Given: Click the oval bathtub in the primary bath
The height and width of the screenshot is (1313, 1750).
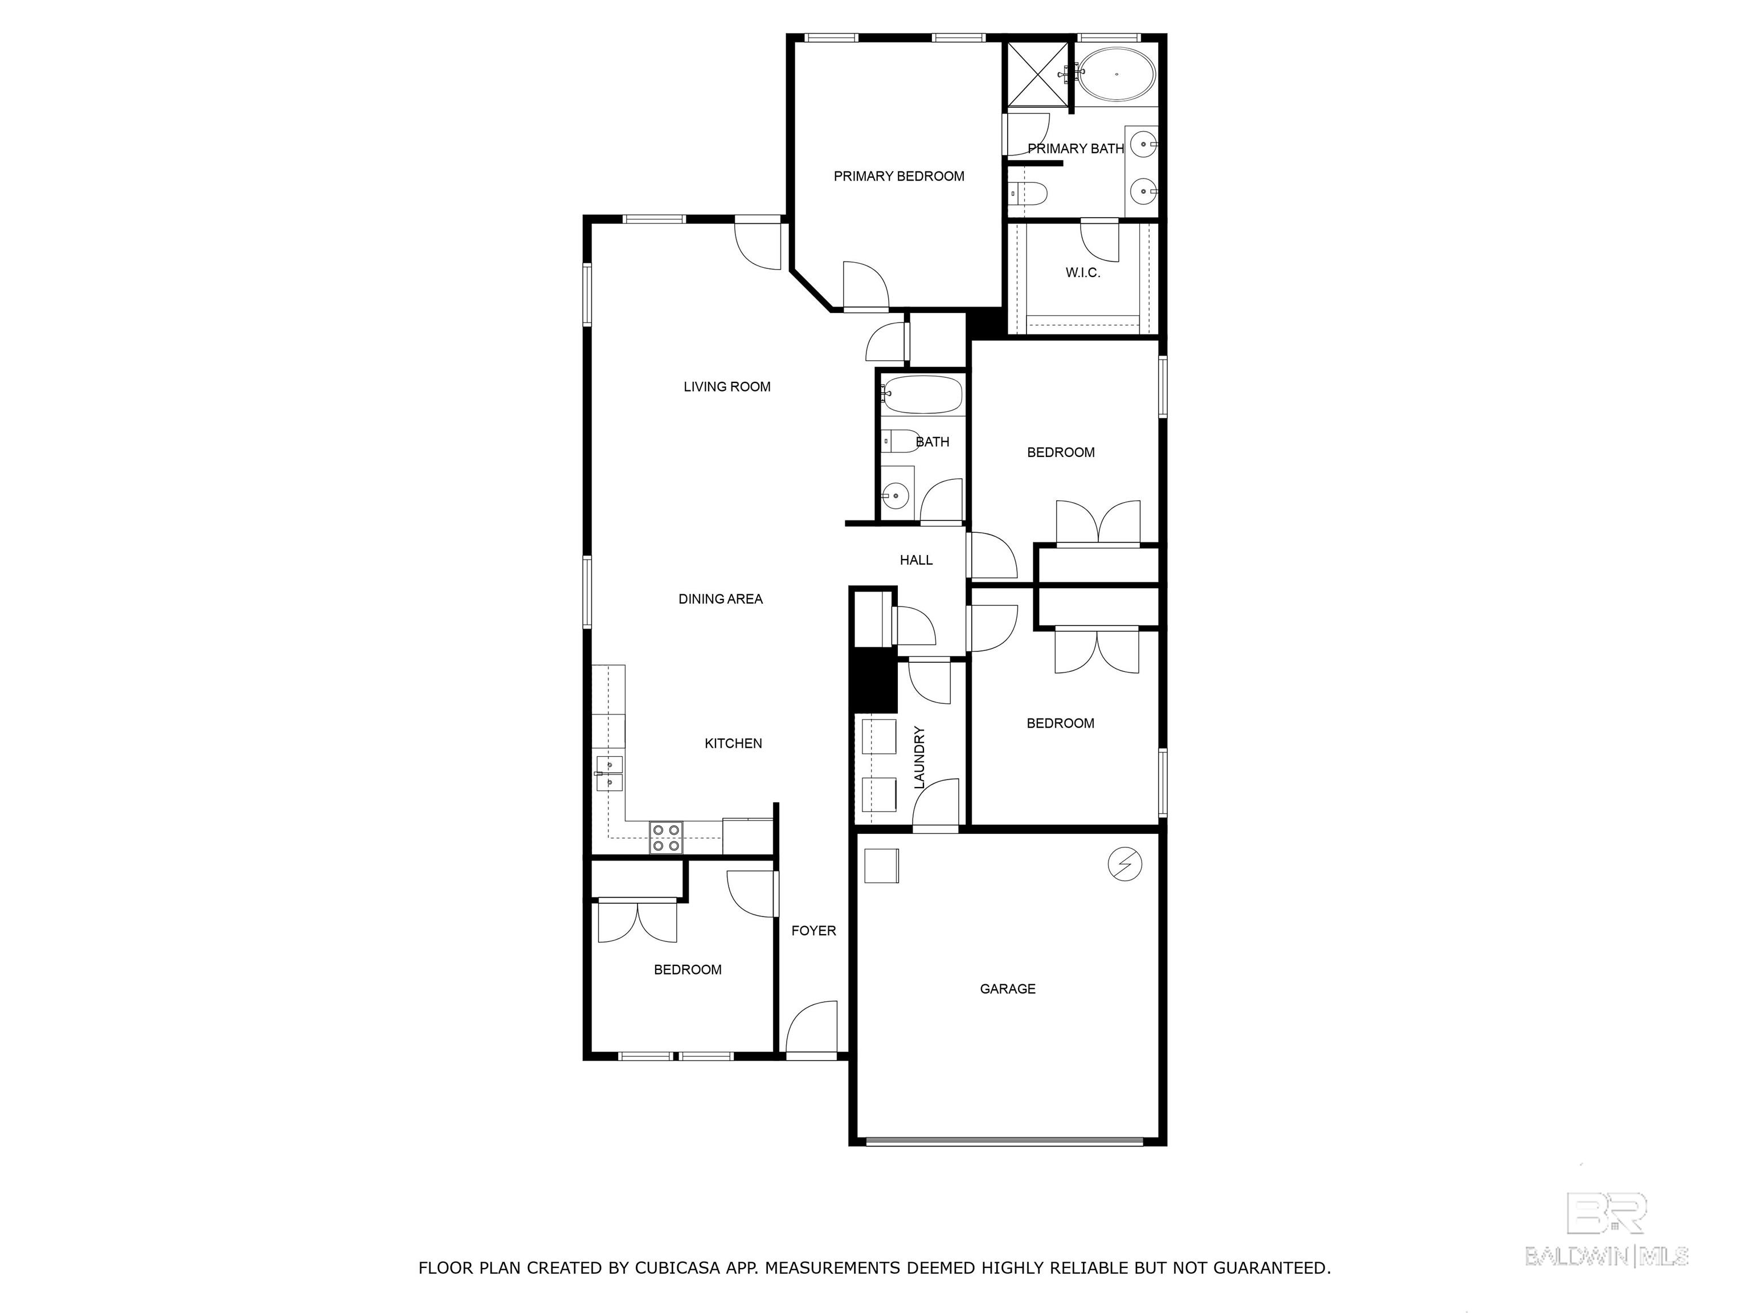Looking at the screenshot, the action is click(x=1117, y=74).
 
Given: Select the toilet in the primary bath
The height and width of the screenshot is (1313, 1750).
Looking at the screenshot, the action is click(x=1028, y=192).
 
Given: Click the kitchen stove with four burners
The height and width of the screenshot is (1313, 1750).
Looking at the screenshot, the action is click(x=666, y=837).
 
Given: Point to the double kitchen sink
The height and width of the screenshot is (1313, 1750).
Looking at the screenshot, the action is click(x=609, y=773).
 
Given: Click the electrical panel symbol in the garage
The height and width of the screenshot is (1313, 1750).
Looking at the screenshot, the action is click(x=1124, y=865).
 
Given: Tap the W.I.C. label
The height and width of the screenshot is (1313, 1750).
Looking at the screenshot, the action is click(x=1082, y=273).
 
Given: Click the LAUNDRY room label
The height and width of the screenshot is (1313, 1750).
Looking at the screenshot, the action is click(x=919, y=757).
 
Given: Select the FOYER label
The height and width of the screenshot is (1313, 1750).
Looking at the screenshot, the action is click(x=813, y=931).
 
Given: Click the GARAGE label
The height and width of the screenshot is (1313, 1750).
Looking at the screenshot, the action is click(x=1007, y=989).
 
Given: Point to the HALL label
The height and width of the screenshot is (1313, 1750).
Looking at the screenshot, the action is click(x=916, y=560).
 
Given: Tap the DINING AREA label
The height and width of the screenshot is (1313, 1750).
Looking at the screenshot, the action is click(x=720, y=599).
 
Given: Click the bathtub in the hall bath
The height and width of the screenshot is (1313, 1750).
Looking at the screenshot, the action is click(x=922, y=394).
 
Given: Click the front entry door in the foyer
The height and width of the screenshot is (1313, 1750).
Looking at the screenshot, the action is click(x=812, y=1028).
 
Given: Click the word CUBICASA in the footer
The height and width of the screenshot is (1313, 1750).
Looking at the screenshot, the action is click(x=677, y=1268).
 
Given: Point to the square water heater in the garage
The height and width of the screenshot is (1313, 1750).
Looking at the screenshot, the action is click(x=881, y=866).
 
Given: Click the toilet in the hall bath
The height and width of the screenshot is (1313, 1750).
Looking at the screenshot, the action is click(x=899, y=441).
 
